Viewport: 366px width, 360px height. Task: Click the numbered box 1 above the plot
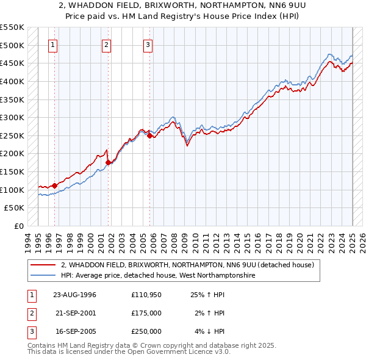point(54,44)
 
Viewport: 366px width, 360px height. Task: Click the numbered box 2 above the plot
point(106,44)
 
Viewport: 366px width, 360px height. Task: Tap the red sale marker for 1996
point(54,185)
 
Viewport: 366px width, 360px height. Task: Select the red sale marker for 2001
point(108,162)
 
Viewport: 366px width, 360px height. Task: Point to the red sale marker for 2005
point(149,135)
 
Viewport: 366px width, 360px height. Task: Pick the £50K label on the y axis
point(15,208)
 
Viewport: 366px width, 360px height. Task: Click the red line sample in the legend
point(43,265)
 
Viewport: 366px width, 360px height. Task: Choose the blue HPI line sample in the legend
point(43,276)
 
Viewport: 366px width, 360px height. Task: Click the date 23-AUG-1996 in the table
point(74,295)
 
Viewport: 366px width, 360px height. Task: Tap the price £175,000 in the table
point(146,313)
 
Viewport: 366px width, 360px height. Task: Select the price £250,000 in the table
point(146,331)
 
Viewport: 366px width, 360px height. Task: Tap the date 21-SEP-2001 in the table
point(74,313)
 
